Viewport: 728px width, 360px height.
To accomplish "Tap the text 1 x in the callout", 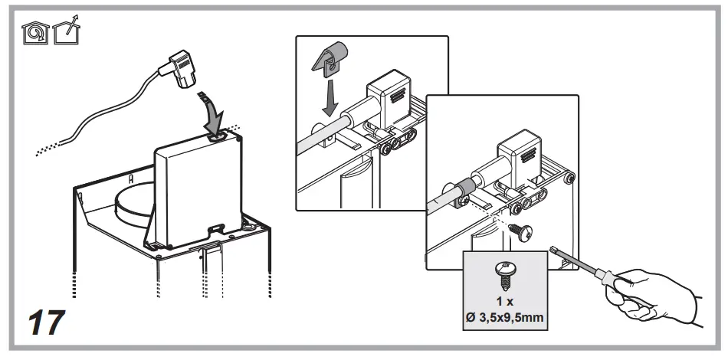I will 503,300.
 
